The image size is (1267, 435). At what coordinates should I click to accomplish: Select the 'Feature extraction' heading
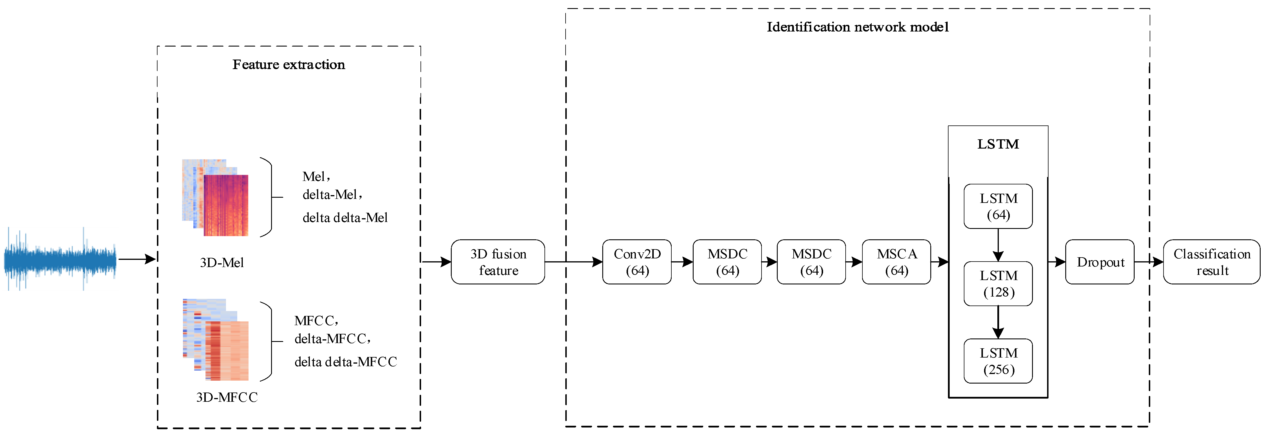coord(289,64)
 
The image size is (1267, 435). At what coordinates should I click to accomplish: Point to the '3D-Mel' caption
coord(222,263)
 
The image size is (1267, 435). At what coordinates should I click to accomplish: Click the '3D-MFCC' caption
coord(227,397)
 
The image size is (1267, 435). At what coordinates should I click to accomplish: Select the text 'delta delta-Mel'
coord(345,217)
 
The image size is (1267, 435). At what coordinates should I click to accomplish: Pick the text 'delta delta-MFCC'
coord(345,362)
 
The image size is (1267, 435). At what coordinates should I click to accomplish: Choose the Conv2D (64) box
coord(637,262)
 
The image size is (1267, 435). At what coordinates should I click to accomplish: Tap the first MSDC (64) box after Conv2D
coord(727,262)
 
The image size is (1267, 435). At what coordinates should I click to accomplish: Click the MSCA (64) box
coord(896,262)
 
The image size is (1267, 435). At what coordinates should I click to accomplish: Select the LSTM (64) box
coord(998,206)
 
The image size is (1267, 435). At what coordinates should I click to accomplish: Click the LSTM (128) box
coord(998,284)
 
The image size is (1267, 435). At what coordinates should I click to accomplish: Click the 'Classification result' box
coord(1212,262)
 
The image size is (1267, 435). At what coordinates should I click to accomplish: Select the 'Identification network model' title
coord(857,27)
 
